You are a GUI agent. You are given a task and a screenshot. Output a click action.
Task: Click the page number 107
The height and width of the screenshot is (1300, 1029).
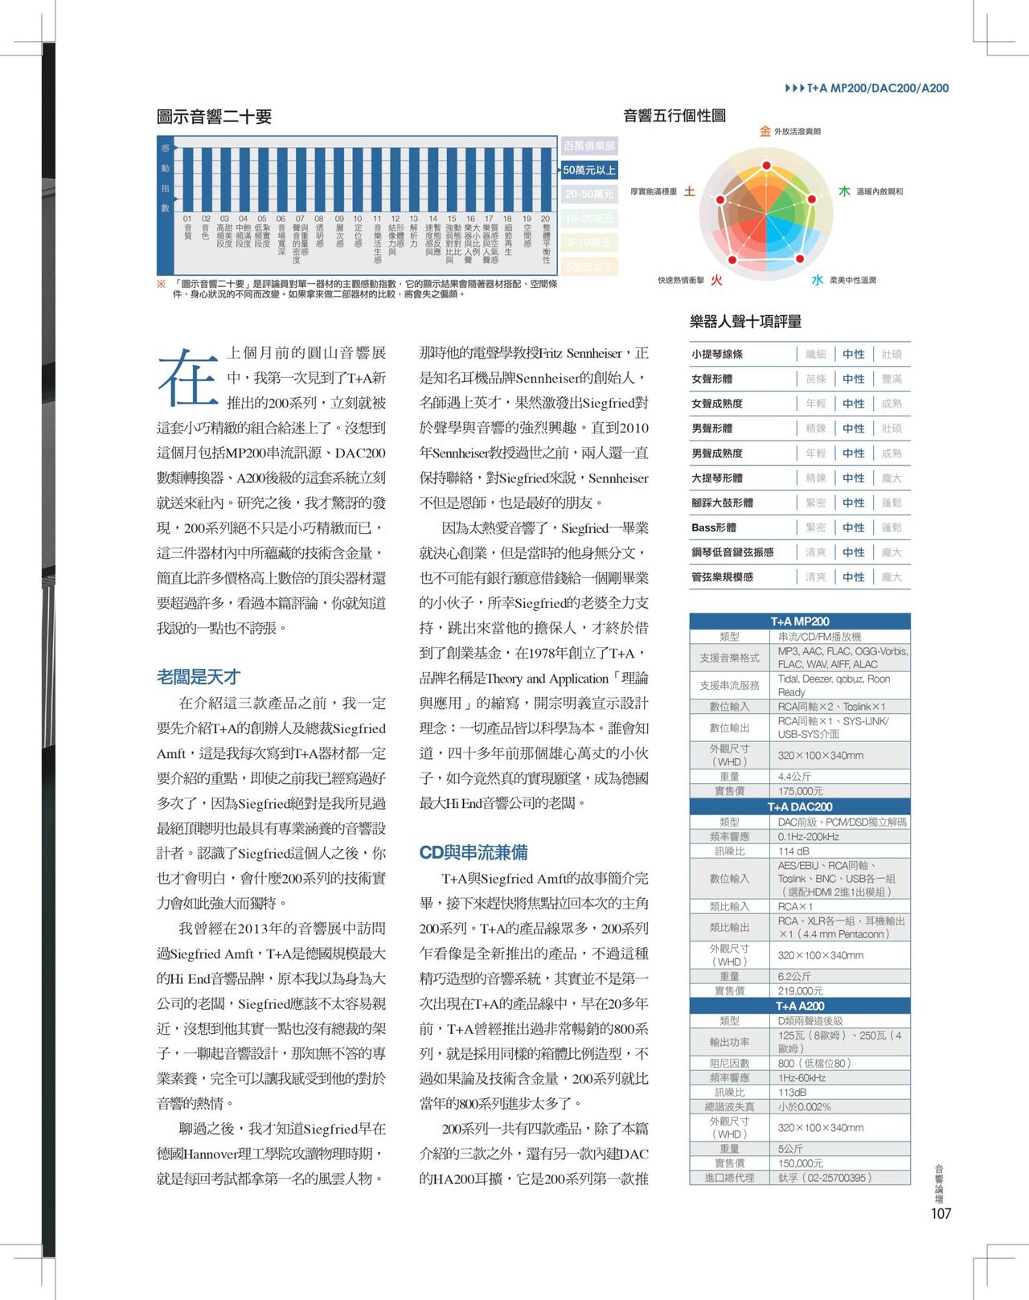941,1213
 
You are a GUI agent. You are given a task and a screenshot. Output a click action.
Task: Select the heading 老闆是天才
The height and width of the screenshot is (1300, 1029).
198,677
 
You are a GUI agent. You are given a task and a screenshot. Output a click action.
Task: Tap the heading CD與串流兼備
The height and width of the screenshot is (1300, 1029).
473,852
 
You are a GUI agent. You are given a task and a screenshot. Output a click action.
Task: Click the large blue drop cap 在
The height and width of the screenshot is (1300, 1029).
187,378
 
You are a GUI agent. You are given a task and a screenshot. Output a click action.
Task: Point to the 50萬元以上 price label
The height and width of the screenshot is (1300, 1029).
589,170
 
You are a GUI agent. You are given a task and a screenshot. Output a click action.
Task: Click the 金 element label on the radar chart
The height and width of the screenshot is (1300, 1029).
765,131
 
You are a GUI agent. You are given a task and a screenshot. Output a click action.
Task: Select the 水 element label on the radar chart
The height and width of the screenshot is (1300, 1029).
817,280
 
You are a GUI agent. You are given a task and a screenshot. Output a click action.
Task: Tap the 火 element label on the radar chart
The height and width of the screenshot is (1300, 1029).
715,280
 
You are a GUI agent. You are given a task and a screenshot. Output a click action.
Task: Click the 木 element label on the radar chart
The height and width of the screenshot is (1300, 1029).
844,191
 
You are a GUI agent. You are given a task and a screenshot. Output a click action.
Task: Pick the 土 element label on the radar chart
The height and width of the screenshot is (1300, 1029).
689,191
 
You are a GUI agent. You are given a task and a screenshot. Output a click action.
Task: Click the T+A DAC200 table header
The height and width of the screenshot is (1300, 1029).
800,806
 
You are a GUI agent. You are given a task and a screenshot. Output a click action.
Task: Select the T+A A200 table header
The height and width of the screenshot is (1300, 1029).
800,1006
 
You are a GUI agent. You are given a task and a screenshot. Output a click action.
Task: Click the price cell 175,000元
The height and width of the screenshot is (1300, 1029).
800,791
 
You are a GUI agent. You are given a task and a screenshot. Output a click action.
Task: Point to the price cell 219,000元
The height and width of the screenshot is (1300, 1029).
800,991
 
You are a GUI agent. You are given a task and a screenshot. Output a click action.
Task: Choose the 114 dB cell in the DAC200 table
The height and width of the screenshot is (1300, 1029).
793,851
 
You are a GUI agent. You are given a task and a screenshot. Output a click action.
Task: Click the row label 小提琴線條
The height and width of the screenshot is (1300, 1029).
717,354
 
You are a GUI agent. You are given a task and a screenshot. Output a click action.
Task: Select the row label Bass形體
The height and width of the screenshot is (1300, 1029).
714,527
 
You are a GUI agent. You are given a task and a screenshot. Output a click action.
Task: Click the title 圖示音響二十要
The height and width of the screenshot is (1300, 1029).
214,117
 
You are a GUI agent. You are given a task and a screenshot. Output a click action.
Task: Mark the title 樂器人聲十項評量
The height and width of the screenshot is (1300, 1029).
745,322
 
